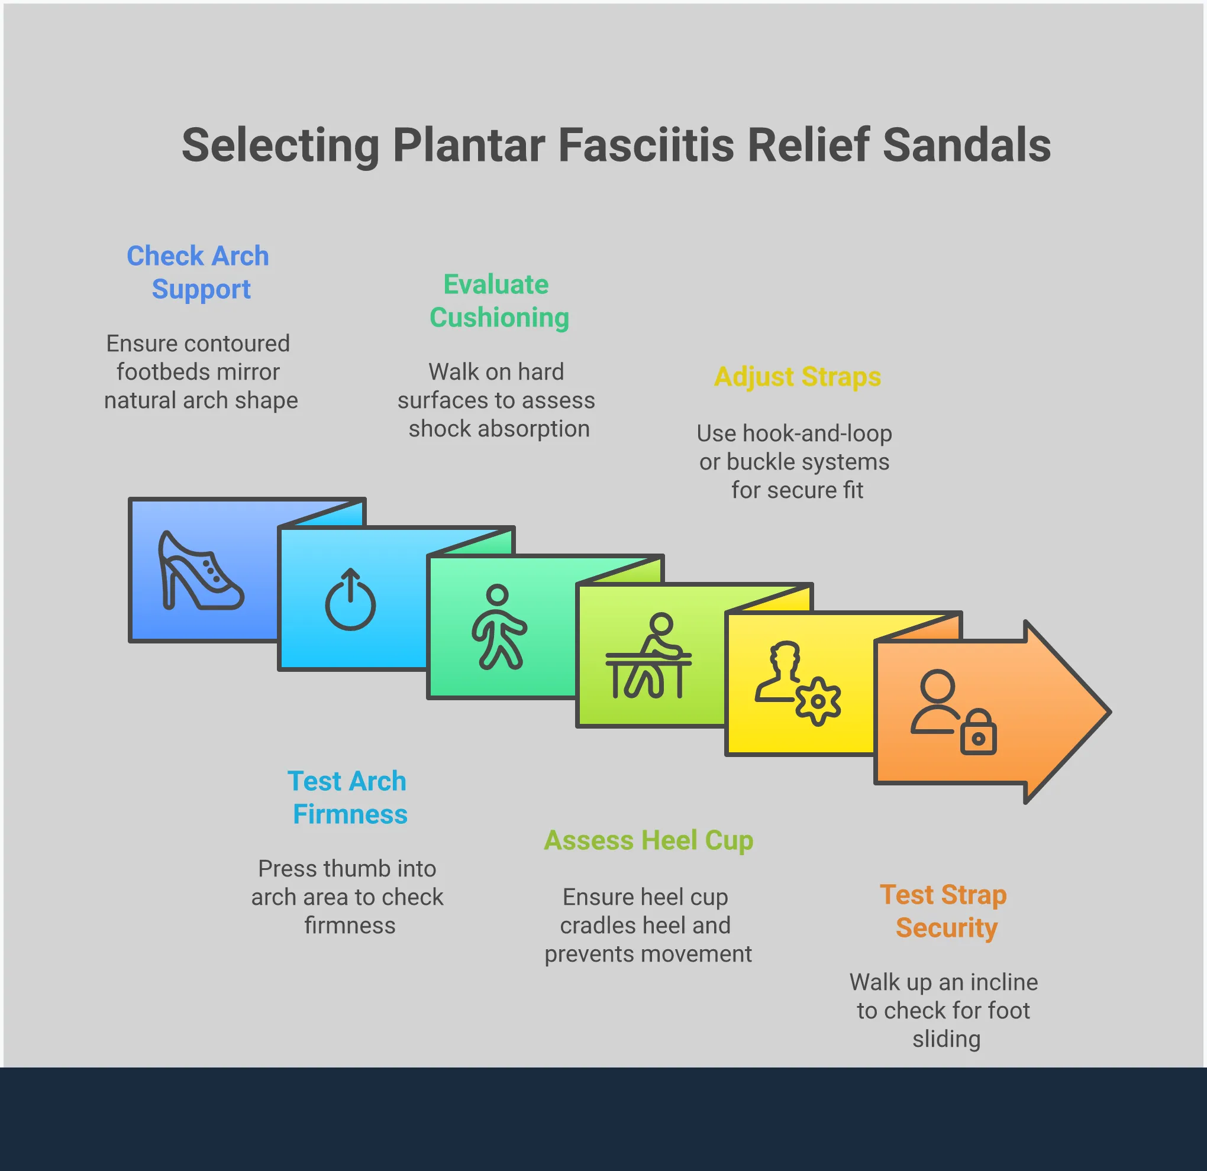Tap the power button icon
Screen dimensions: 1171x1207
tap(350, 600)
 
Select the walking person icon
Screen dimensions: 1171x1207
tap(498, 627)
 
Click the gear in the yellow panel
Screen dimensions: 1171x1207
tap(818, 701)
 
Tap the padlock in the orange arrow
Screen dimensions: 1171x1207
tap(978, 732)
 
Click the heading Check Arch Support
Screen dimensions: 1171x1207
tap(198, 272)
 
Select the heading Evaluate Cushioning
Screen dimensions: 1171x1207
tap(498, 301)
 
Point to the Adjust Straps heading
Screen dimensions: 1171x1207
tap(798, 377)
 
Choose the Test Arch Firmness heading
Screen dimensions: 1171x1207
tap(348, 797)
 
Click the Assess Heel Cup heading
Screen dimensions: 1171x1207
tap(648, 840)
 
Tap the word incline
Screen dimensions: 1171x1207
tap(1004, 982)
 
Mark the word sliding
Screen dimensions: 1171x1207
tap(947, 1039)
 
